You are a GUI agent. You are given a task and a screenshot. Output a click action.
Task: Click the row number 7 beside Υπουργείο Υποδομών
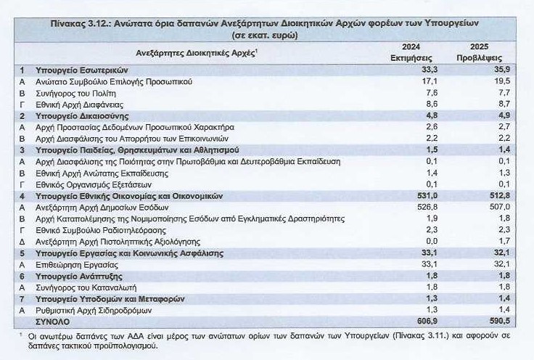coord(22,298)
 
